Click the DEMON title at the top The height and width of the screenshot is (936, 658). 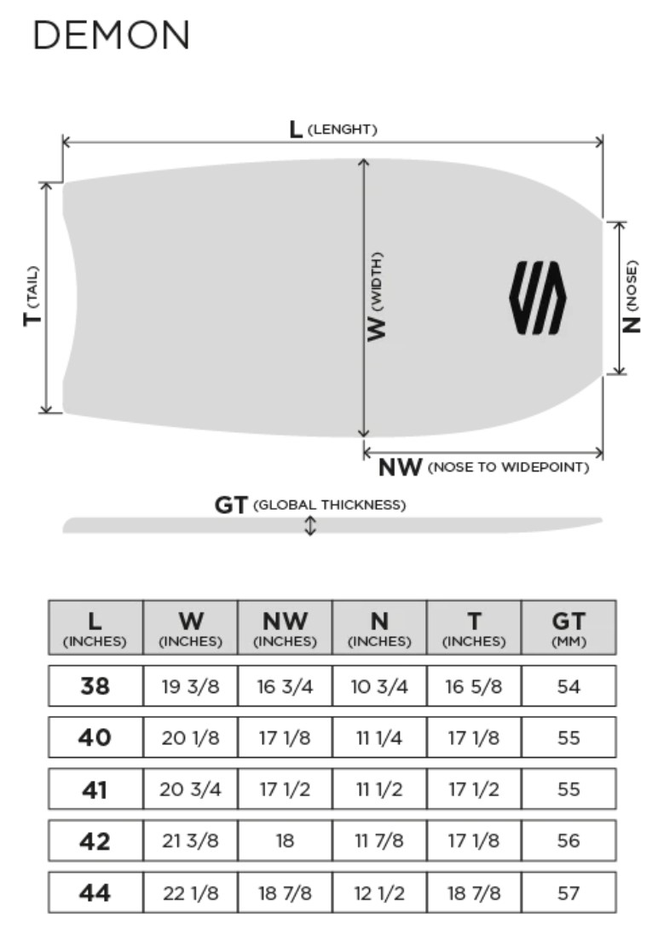(x=112, y=35)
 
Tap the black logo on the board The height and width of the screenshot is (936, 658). (x=538, y=298)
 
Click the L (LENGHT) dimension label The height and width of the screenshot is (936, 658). (x=333, y=129)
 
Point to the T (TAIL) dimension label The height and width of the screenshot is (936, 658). (x=32, y=296)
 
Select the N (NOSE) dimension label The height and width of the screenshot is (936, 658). (x=631, y=297)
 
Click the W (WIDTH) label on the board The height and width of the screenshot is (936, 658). (x=376, y=297)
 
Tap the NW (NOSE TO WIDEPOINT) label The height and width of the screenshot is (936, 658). (x=483, y=467)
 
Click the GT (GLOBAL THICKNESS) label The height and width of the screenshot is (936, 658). (x=310, y=505)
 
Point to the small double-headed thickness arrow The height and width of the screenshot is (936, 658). (x=310, y=525)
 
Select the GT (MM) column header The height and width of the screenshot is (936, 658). (x=569, y=628)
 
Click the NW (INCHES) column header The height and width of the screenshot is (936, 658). (x=285, y=628)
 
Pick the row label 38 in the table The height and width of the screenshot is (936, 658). (x=95, y=686)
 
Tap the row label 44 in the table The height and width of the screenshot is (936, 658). (x=95, y=893)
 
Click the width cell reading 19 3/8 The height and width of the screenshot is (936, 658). (x=190, y=686)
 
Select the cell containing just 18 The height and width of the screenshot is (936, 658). (x=285, y=841)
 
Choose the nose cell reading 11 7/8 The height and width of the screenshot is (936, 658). (x=379, y=841)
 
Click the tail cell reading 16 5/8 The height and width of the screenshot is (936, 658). (x=474, y=686)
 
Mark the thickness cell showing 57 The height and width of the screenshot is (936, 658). (x=569, y=893)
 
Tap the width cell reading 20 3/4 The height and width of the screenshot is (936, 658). (x=190, y=789)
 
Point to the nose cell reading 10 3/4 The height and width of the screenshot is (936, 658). (x=379, y=686)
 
